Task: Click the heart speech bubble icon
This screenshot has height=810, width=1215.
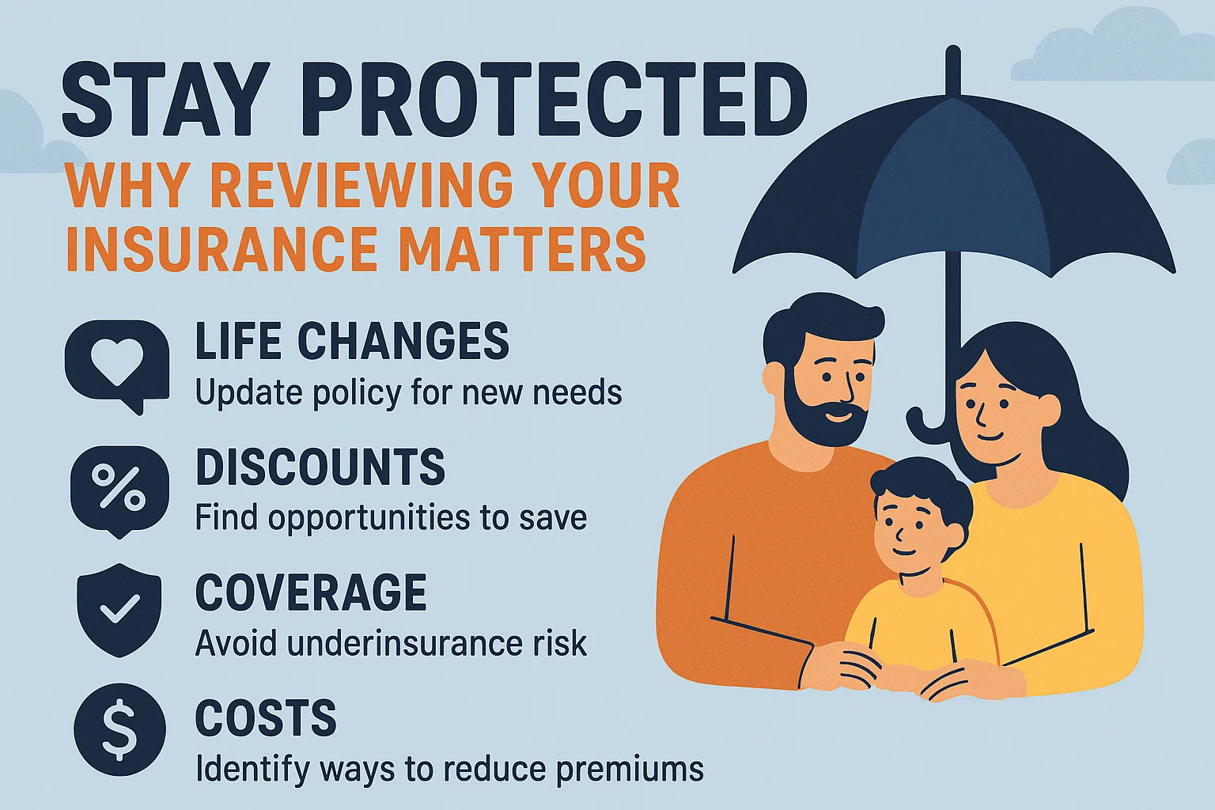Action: pos(117,365)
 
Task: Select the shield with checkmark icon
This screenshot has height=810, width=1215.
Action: pos(119,609)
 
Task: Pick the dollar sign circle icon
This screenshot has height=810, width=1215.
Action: pos(119,729)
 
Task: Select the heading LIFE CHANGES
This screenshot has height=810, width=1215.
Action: pos(352,342)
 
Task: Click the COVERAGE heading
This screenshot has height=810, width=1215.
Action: pos(311,592)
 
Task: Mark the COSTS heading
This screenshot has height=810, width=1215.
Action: pos(266,717)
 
